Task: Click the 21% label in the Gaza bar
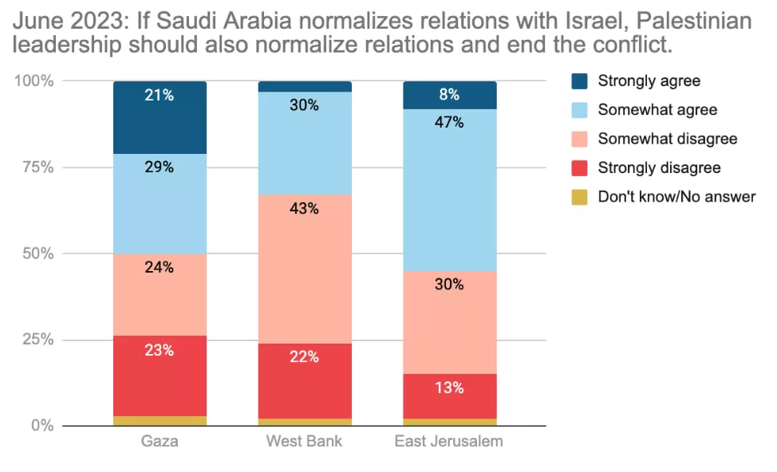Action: pos(159,95)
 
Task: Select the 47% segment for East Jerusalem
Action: pos(449,191)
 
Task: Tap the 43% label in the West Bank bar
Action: pos(304,209)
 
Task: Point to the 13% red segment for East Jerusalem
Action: pos(449,396)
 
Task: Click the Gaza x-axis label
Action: pos(160,441)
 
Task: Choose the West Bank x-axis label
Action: pos(304,441)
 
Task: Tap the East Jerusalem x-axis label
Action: pos(449,441)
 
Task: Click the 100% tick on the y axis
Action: pos(34,81)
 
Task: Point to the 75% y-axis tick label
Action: pos(37,167)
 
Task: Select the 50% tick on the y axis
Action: pos(37,254)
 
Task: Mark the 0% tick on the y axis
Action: pos(42,426)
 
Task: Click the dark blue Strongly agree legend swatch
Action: pos(579,81)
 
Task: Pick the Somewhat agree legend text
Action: pos(657,109)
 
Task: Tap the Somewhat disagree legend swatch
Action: pos(579,139)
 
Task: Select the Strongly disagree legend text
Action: pos(659,167)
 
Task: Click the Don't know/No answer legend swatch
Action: pos(579,197)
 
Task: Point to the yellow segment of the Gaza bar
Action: pos(160,421)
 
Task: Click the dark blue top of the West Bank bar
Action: pos(305,87)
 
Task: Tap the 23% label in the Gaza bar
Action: pos(159,350)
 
